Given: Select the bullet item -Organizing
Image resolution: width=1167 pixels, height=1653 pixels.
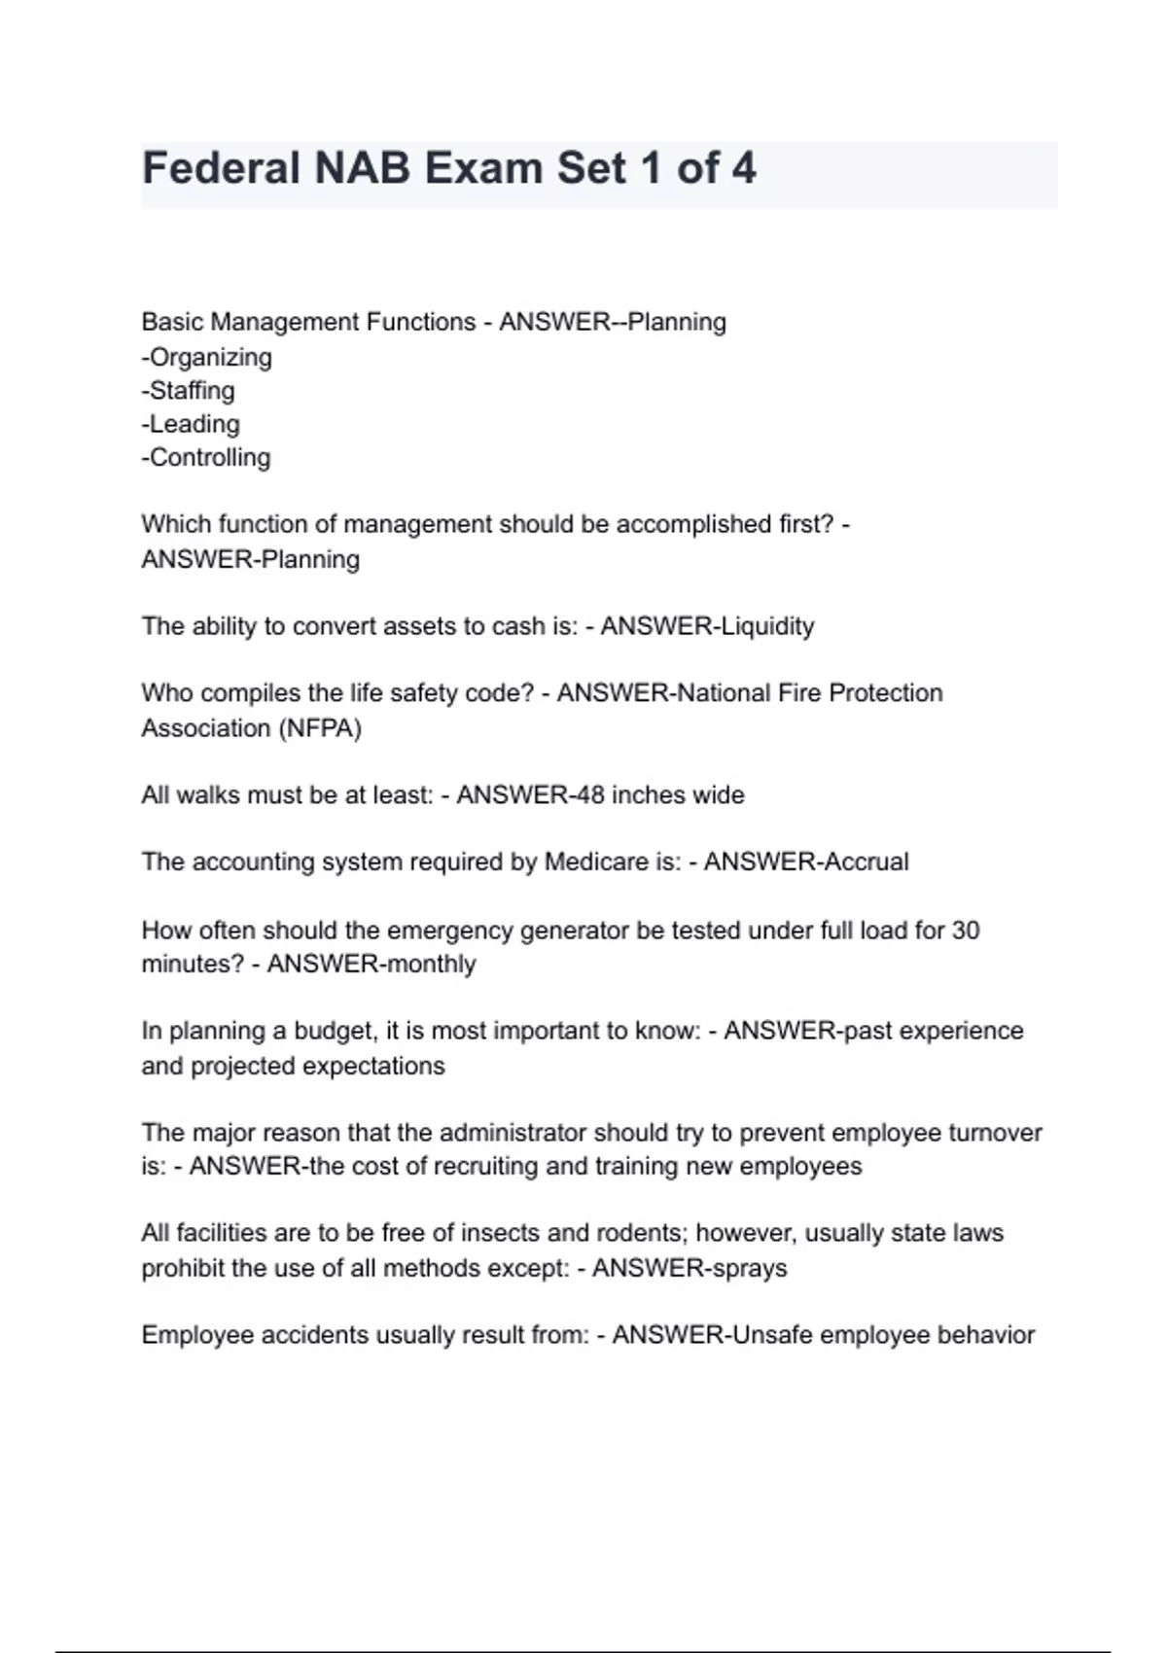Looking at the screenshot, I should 206,357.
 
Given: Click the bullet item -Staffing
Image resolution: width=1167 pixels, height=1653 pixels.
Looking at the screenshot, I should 188,391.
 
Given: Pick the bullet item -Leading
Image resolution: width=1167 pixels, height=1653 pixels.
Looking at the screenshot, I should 191,424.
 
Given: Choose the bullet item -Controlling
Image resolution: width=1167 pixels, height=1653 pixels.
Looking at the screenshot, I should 206,457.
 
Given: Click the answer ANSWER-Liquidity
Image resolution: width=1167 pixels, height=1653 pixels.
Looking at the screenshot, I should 707,626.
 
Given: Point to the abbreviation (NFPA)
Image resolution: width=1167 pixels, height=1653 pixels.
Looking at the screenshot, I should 320,728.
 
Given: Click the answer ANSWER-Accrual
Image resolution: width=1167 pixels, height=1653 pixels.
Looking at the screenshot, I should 806,862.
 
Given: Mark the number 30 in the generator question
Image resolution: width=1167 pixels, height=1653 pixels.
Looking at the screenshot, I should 965,931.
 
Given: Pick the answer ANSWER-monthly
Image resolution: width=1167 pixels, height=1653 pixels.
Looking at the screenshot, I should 371,965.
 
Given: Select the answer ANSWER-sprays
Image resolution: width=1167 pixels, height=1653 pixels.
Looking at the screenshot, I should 690,1269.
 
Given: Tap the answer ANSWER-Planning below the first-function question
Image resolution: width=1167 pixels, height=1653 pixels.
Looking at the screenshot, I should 250,560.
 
